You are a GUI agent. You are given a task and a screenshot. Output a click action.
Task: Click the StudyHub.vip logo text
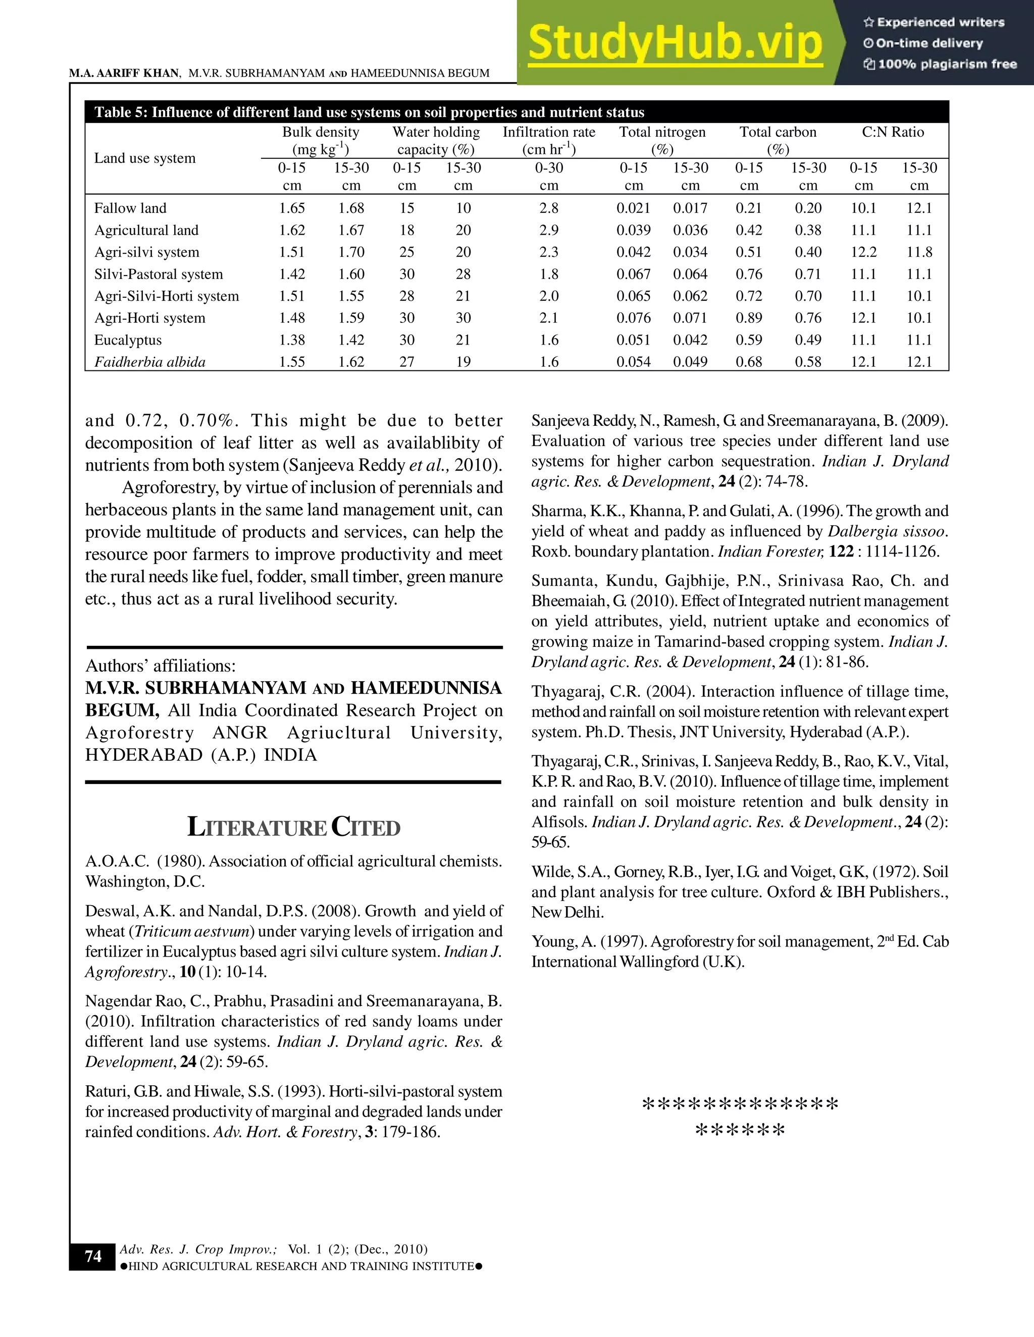[675, 43]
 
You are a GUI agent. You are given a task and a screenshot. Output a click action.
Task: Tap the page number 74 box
[93, 1256]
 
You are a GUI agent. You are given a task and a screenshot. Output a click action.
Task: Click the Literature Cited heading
[293, 827]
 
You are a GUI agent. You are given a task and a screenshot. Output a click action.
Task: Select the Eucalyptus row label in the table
[128, 340]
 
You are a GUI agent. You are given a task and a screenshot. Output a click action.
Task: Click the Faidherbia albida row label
[149, 362]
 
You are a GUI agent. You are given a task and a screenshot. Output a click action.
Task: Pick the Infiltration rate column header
[549, 140]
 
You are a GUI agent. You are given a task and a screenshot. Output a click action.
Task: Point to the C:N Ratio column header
[893, 132]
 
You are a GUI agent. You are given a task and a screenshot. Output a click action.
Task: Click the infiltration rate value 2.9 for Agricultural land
[549, 230]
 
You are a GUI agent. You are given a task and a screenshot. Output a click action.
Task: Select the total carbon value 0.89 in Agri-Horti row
[749, 318]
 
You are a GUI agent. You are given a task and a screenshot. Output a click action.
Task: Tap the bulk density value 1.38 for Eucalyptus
[292, 340]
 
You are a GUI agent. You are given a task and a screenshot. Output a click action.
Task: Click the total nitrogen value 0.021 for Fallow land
[634, 208]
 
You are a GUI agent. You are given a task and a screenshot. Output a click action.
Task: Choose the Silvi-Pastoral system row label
[159, 274]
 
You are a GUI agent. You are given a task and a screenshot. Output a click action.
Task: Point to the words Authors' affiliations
[161, 665]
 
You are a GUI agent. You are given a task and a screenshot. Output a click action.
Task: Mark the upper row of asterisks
[740, 1105]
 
